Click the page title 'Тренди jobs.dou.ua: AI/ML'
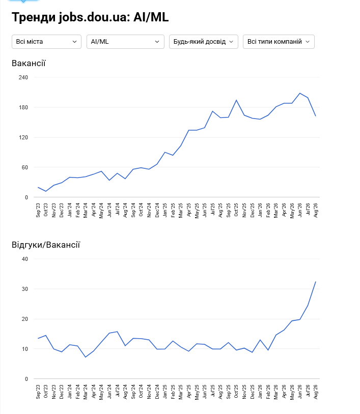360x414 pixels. coord(90,17)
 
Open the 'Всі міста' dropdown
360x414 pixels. coord(46,42)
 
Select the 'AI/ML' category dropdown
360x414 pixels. coord(126,42)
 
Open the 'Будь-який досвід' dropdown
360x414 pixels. coord(204,42)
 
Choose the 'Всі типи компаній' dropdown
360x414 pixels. coord(279,42)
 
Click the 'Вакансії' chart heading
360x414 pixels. coord(29,64)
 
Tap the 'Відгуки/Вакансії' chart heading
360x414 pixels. coord(46,245)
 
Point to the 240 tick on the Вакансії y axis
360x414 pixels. coord(23,77)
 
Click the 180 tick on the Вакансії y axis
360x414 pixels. coord(23,107)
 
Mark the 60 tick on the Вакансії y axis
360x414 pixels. coord(25,167)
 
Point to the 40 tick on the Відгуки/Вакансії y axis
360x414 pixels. coord(25,259)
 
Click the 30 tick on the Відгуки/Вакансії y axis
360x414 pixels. coord(25,289)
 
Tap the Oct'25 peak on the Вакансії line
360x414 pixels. coord(236,100)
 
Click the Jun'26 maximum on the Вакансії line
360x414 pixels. coord(300,93)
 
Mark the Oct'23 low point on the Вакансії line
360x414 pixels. coord(46,191)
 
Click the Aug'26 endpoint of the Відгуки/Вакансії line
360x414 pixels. coord(316,282)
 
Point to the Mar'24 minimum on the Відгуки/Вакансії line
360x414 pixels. coord(86,357)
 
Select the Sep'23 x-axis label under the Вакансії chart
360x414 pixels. coord(38,210)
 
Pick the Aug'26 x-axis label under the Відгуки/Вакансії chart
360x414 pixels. coord(316,392)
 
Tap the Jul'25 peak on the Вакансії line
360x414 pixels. coord(212,111)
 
